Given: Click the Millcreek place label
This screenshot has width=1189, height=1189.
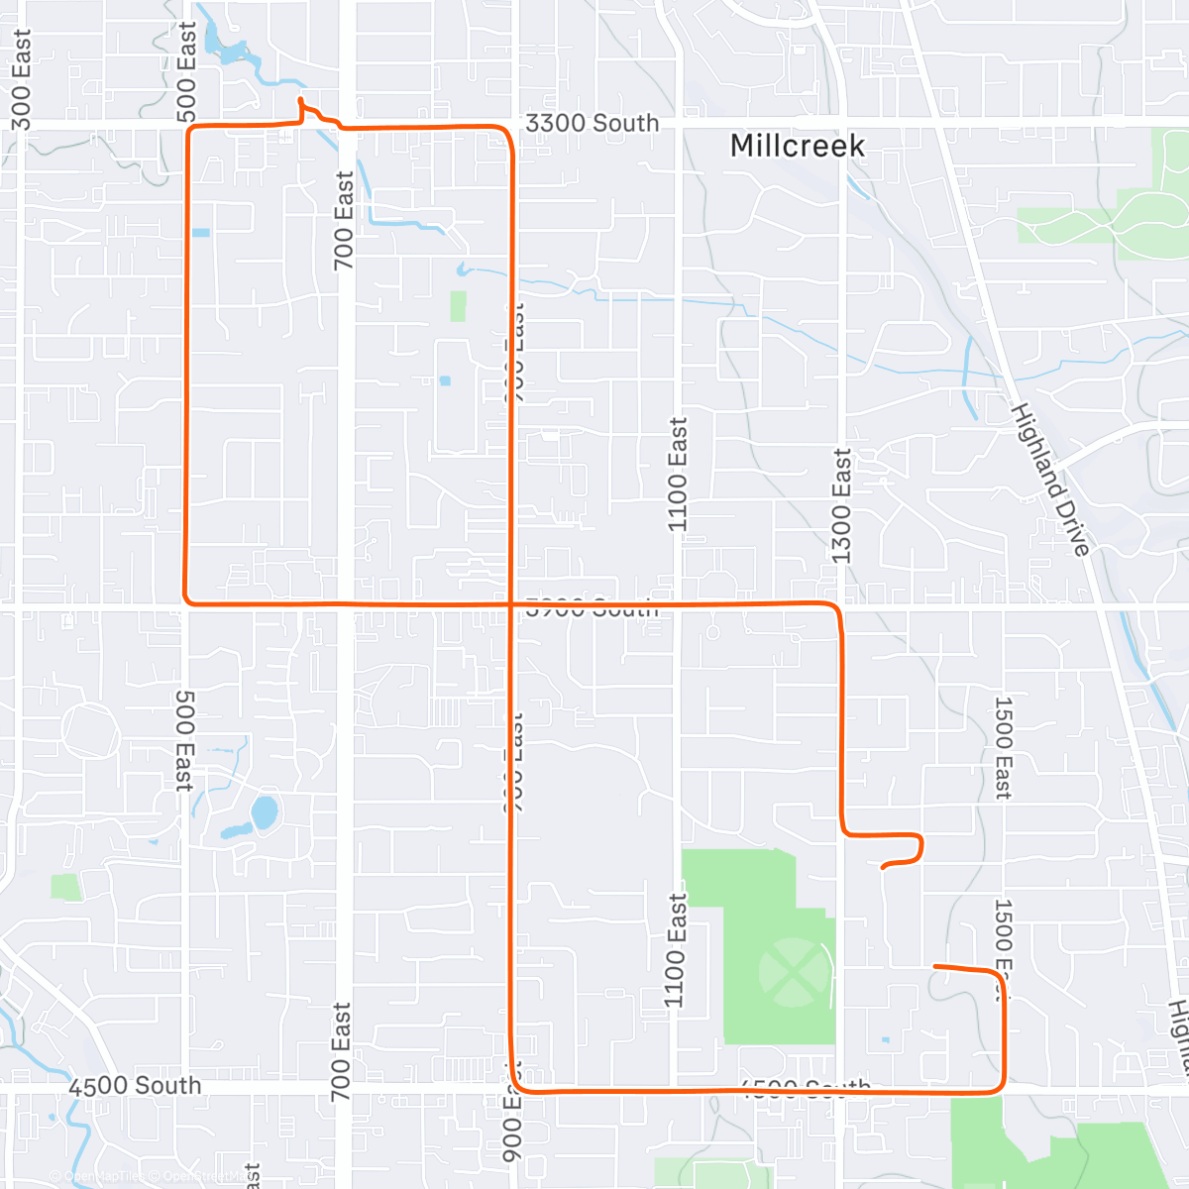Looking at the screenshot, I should pos(797,146).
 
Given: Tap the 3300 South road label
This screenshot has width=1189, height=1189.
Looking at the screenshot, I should pos(592,123).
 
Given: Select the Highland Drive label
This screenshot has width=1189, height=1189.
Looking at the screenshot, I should pos(1050,480).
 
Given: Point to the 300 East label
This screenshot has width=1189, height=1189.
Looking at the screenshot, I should pos(21,79).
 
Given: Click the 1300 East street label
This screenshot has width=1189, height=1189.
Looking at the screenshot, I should pos(841,505).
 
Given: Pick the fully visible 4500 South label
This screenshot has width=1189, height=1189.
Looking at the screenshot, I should pos(135,1086).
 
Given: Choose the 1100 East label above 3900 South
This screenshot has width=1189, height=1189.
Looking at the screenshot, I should pos(678,474).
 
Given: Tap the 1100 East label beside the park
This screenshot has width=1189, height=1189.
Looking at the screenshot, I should pos(675,950).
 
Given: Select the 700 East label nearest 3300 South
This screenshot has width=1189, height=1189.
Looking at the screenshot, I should pos(343,220).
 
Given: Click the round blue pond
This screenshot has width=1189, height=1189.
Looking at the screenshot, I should pos(264,812).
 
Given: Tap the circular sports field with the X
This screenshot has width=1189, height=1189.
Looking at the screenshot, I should pos(792,972).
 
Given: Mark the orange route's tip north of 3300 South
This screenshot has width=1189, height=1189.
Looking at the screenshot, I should pos(300,100).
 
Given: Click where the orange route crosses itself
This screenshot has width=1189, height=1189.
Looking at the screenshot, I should pos(511,603).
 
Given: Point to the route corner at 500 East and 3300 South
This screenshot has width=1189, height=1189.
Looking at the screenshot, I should pos(189,129).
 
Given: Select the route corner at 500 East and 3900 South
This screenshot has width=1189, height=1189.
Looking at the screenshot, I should pos(186,600).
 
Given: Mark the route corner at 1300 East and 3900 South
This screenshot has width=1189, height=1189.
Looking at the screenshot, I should pos(837,606).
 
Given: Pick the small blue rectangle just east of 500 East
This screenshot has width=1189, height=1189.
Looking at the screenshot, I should pos(201,233).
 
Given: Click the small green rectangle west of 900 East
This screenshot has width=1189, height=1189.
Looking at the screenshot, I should pos(458,305).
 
